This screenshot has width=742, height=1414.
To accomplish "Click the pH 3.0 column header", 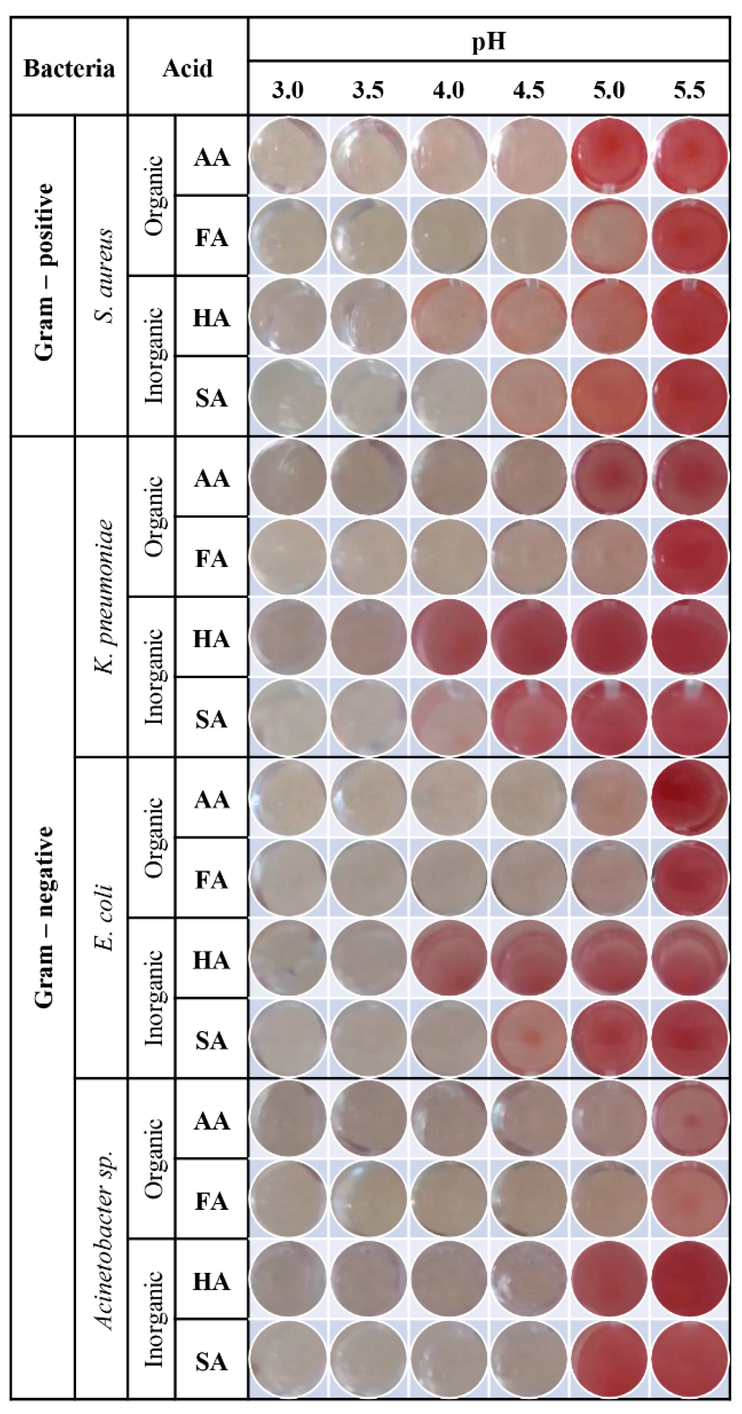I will (288, 90).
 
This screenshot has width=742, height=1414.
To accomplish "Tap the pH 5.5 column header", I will (690, 90).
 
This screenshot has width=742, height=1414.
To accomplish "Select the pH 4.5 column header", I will (528, 90).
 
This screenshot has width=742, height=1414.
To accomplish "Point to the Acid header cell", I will (187, 69).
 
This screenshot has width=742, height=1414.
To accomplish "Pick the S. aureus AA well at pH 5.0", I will (609, 156).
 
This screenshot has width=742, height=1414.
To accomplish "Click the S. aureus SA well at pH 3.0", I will (288, 396).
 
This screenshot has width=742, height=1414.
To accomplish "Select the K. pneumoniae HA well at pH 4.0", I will (449, 637).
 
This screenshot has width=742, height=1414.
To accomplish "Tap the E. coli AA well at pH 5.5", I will (690, 797).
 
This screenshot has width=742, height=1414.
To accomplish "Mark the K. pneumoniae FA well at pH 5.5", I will (690, 557).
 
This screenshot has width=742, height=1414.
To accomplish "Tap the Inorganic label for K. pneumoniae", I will (154, 677).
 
